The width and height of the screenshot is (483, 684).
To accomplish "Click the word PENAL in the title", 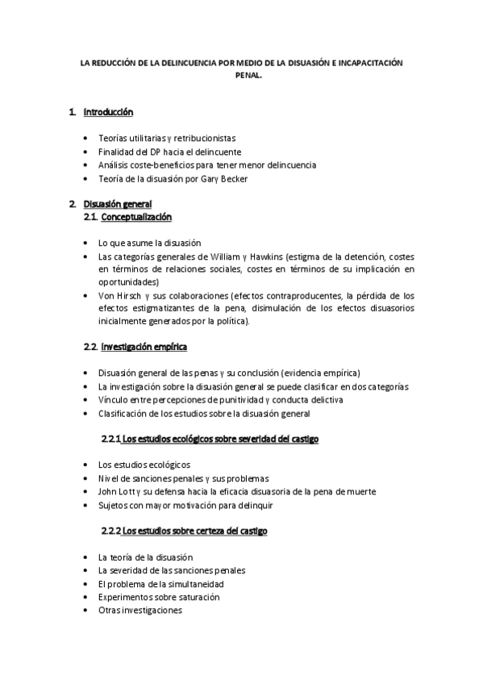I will [241, 78].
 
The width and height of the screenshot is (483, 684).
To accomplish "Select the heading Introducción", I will [109, 112].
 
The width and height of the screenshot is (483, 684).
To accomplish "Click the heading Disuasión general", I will [117, 203].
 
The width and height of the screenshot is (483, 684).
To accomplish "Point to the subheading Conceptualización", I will [135, 217].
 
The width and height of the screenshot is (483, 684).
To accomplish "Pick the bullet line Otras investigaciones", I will [139, 611].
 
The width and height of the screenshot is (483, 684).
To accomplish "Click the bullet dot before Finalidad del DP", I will [87, 152].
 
